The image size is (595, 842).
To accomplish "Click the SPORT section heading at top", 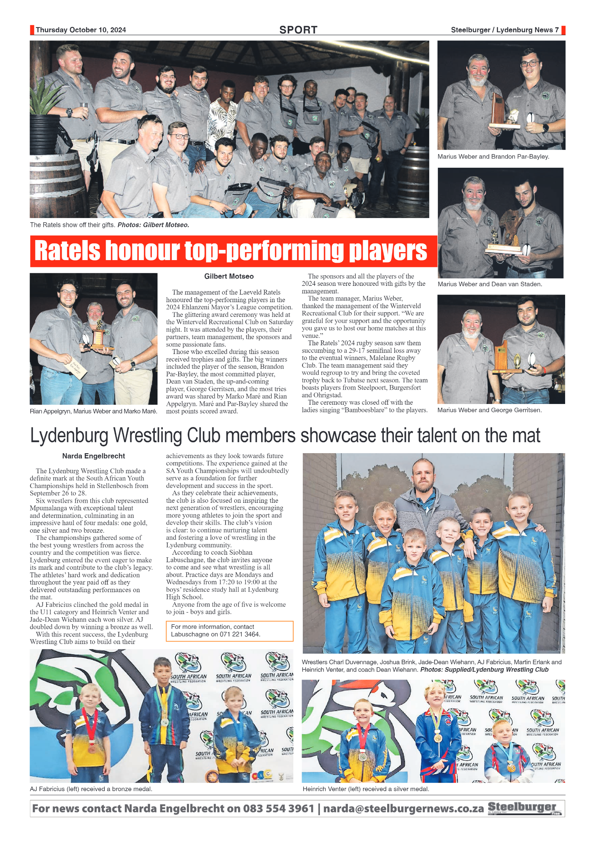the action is (x=298, y=30).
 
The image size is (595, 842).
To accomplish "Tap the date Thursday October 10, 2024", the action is (x=81, y=30).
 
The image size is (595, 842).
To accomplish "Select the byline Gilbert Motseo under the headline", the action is (x=229, y=276).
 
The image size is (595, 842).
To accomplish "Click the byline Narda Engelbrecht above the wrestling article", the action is (x=93, y=456).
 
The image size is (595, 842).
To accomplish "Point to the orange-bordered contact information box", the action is (x=229, y=631).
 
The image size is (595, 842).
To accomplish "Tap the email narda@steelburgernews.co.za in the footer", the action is (x=403, y=809).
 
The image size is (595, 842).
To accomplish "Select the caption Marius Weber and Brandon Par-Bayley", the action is (x=493, y=157).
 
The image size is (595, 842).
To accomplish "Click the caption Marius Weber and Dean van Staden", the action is (x=489, y=284).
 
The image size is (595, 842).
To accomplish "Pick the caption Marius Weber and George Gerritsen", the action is (x=489, y=410).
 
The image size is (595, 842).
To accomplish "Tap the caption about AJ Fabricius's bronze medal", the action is (x=91, y=789).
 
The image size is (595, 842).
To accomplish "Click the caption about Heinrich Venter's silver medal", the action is (x=366, y=789).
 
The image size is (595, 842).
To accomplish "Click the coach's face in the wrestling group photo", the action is (x=423, y=474).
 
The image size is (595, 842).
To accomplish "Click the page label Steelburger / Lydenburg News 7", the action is (x=504, y=30).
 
